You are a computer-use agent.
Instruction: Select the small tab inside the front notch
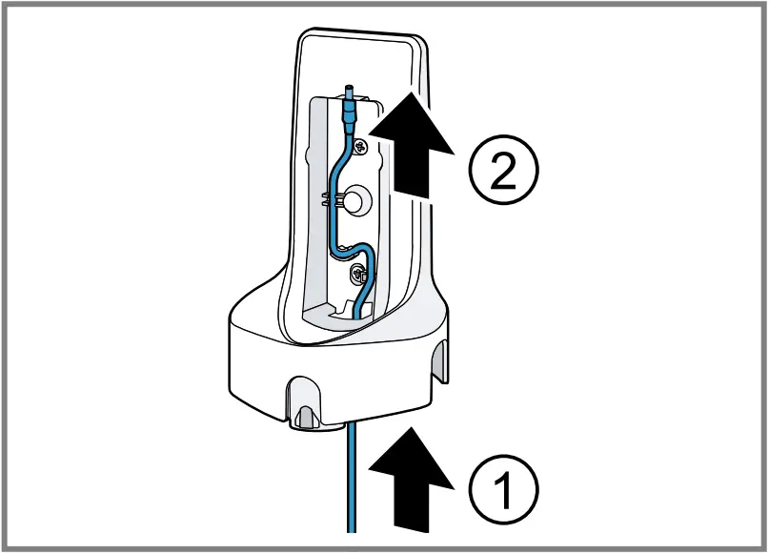(x=304, y=415)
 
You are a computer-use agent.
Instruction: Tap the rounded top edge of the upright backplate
(x=362, y=35)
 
